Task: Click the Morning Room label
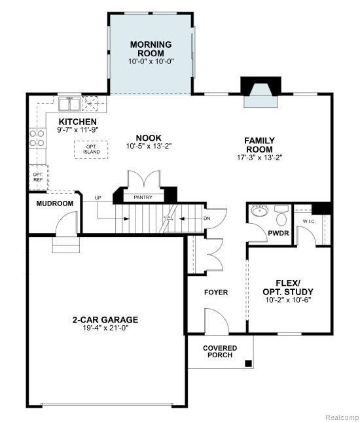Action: tap(151, 48)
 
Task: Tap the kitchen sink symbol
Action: tap(69, 105)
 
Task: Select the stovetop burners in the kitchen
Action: tap(37, 138)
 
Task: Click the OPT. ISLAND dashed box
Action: tap(91, 150)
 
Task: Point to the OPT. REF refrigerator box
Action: tap(38, 177)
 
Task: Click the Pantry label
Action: tap(143, 198)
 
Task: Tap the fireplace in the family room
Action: tap(261, 92)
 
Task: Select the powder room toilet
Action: tap(281, 216)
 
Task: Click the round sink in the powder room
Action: tap(260, 210)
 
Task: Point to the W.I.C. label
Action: tap(309, 221)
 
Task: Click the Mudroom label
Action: tap(55, 203)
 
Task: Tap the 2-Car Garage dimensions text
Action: tap(105, 328)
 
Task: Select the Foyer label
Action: tap(216, 292)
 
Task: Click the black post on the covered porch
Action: tap(248, 363)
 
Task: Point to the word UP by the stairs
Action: tap(98, 198)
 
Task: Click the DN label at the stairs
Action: tap(207, 219)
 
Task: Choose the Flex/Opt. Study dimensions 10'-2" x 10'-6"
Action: tap(288, 300)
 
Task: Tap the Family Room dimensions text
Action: tap(260, 158)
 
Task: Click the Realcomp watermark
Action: tap(342, 417)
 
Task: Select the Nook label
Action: tap(149, 138)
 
